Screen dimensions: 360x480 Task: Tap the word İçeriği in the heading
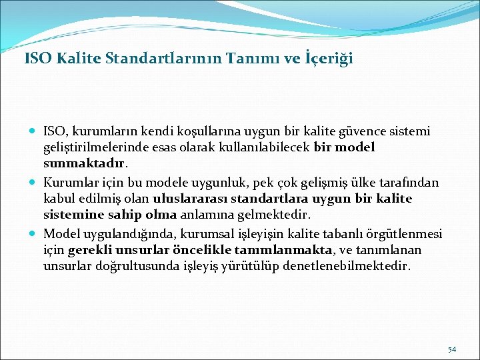tap(328, 59)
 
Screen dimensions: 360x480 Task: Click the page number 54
tap(451, 349)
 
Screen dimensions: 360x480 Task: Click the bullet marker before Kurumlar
tap(33, 181)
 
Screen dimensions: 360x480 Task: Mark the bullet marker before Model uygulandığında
tap(33, 233)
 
